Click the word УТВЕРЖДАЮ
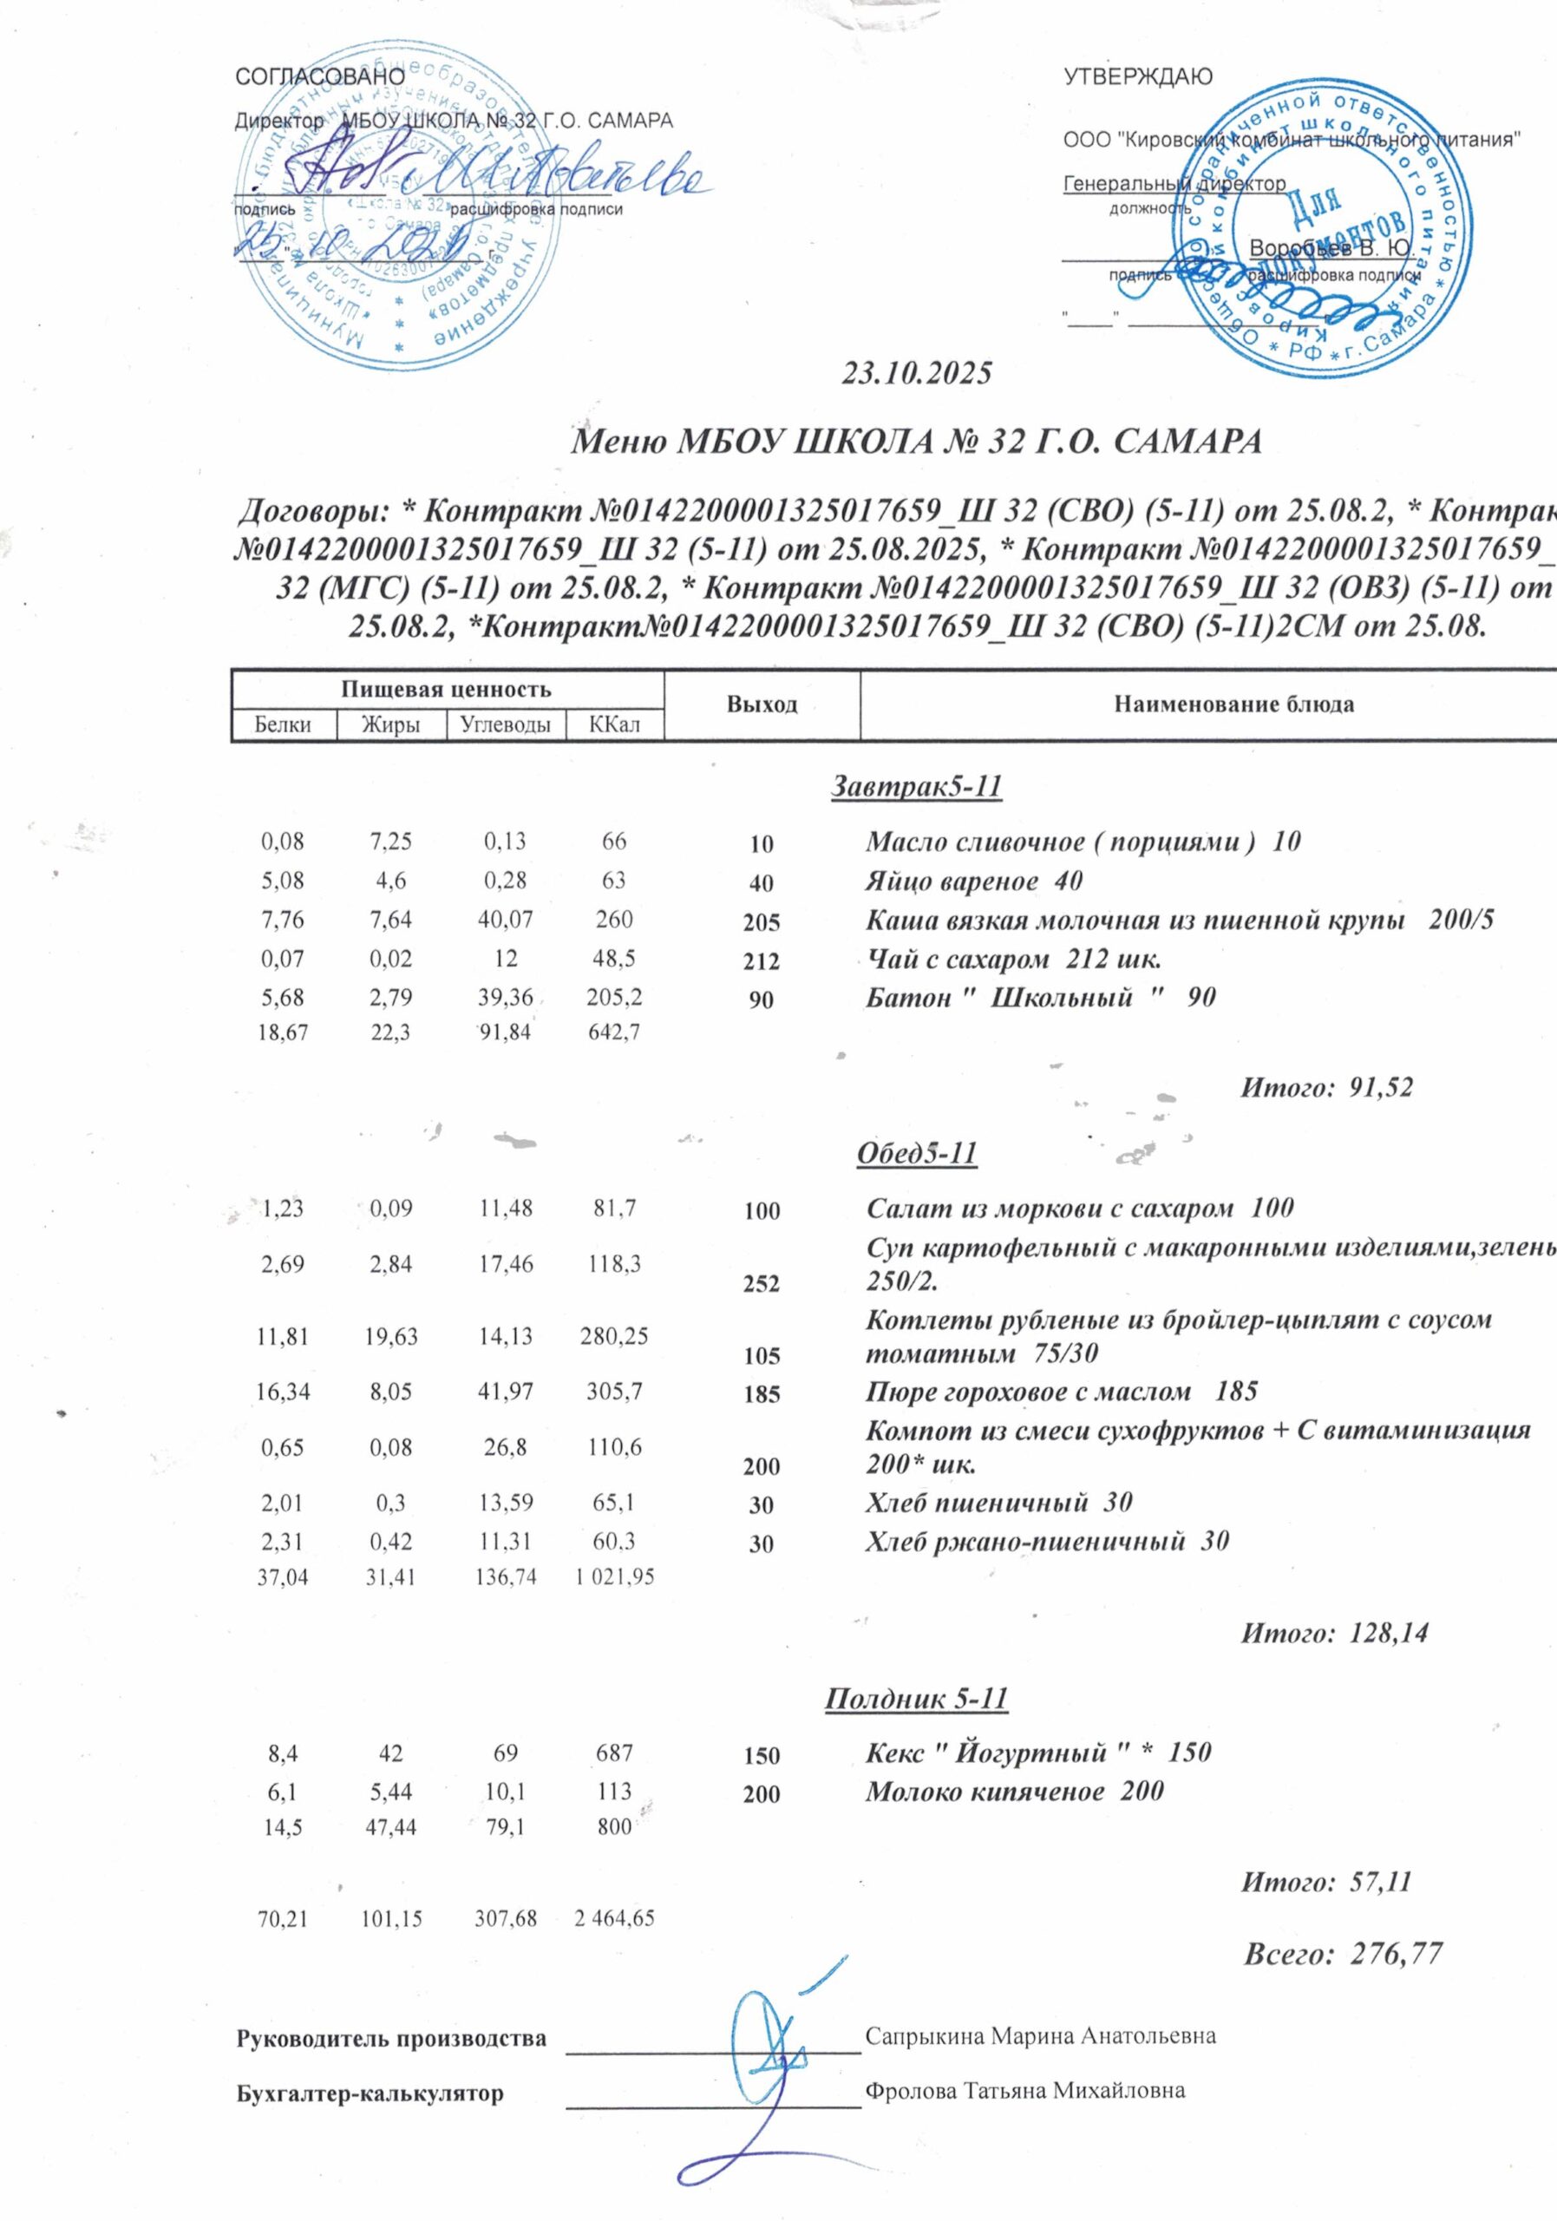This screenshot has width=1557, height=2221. (x=1137, y=77)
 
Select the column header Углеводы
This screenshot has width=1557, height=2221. (x=504, y=724)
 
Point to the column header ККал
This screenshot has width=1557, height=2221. (x=615, y=724)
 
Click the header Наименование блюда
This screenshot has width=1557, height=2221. (x=1233, y=704)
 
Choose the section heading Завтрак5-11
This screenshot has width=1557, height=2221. (x=916, y=788)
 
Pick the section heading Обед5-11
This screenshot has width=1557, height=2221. (x=917, y=1153)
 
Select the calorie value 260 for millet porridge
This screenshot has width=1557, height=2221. (x=614, y=918)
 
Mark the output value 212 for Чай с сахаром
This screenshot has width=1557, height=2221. (x=762, y=962)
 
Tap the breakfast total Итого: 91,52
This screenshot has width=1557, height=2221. (x=1326, y=1088)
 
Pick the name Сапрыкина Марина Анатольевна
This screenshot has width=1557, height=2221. (x=1041, y=2036)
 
